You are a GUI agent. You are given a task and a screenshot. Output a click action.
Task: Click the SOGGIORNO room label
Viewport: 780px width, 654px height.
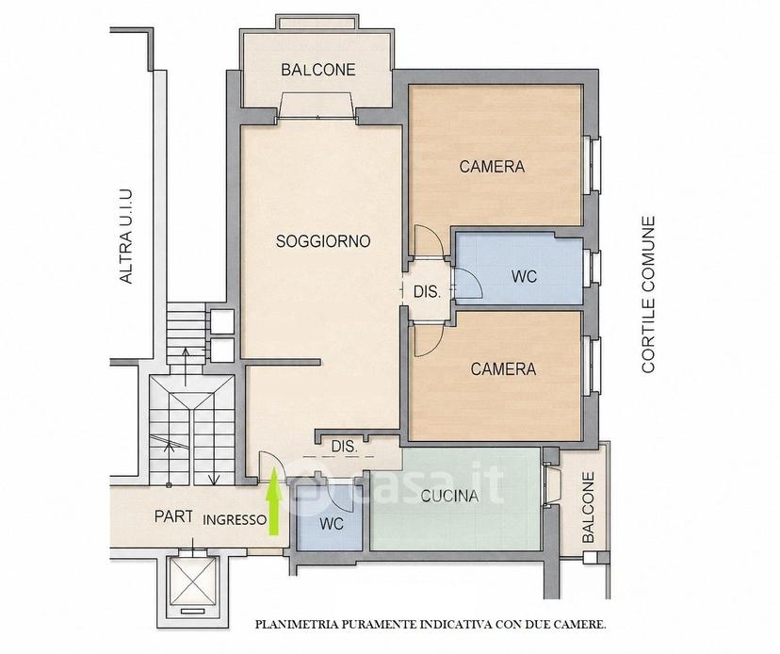[x=323, y=241]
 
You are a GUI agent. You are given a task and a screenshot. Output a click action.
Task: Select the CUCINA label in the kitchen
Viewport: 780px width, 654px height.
[x=449, y=496]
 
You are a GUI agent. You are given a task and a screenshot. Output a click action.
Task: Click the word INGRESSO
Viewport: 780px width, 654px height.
[x=235, y=520]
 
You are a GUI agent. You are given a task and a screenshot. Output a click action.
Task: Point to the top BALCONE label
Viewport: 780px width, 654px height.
[x=318, y=70]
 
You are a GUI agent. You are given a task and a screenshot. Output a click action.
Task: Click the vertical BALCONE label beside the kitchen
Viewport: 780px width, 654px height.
[x=589, y=507]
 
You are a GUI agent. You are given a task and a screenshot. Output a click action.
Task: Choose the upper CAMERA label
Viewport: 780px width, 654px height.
[x=492, y=166]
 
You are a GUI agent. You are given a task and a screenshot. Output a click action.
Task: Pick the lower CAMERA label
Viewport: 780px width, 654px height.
[x=503, y=368]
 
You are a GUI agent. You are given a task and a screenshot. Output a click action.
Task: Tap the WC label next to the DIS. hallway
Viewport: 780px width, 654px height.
[x=525, y=276]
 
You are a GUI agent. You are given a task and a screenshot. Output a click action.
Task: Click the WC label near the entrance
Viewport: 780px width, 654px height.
[x=332, y=524]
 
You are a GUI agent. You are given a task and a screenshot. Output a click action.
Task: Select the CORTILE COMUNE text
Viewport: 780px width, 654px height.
[x=648, y=294]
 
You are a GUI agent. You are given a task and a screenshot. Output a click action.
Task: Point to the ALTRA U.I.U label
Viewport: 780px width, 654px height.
[x=126, y=237]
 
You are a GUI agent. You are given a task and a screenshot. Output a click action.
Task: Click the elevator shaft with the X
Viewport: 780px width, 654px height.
[x=193, y=580]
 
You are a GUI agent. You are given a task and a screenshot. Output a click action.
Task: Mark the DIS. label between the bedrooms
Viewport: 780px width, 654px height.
[x=428, y=292]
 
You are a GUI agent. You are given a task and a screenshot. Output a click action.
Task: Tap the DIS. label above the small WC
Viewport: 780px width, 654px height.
[x=344, y=447]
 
